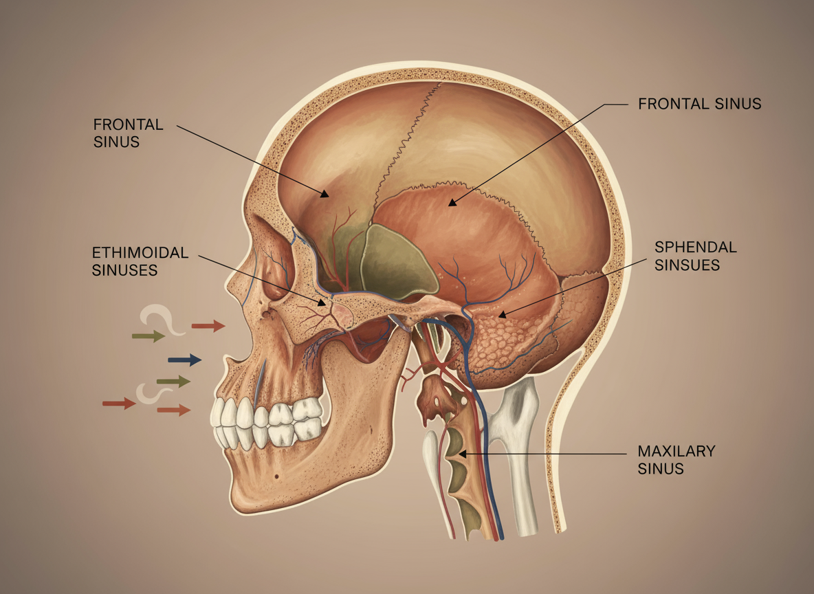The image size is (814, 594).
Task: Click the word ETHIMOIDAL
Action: pos(140,252)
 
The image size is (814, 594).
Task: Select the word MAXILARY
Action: pos(676,452)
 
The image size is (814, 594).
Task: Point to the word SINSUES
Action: pos(687,265)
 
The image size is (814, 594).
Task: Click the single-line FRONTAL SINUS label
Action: pos(699,104)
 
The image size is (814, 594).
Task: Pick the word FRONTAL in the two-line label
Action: pos(128,125)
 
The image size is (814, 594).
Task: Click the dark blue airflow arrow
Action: pos(184,360)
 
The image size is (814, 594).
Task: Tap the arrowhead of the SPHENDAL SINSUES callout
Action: pos(501,316)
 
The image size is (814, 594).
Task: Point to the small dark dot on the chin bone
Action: pos(276,476)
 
